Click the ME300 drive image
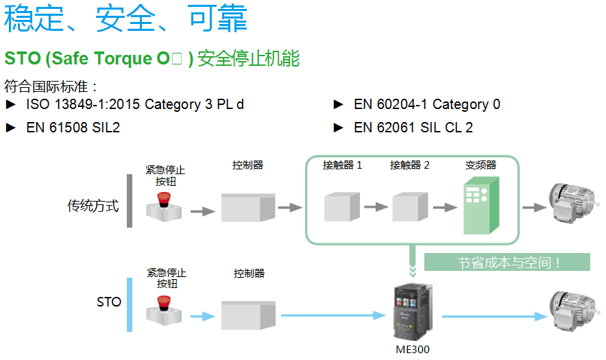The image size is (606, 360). (415, 311)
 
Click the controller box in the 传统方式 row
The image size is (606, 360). (247, 206)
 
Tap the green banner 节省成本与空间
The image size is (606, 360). (507, 262)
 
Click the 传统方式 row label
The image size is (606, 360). (93, 205)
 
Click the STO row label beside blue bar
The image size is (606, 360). (108, 302)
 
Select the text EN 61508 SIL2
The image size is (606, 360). (73, 128)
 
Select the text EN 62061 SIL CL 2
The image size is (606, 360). (413, 128)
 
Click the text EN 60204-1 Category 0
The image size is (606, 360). (426, 105)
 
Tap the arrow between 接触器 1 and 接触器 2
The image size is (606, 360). (376, 207)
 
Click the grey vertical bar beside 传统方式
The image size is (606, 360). (129, 200)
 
